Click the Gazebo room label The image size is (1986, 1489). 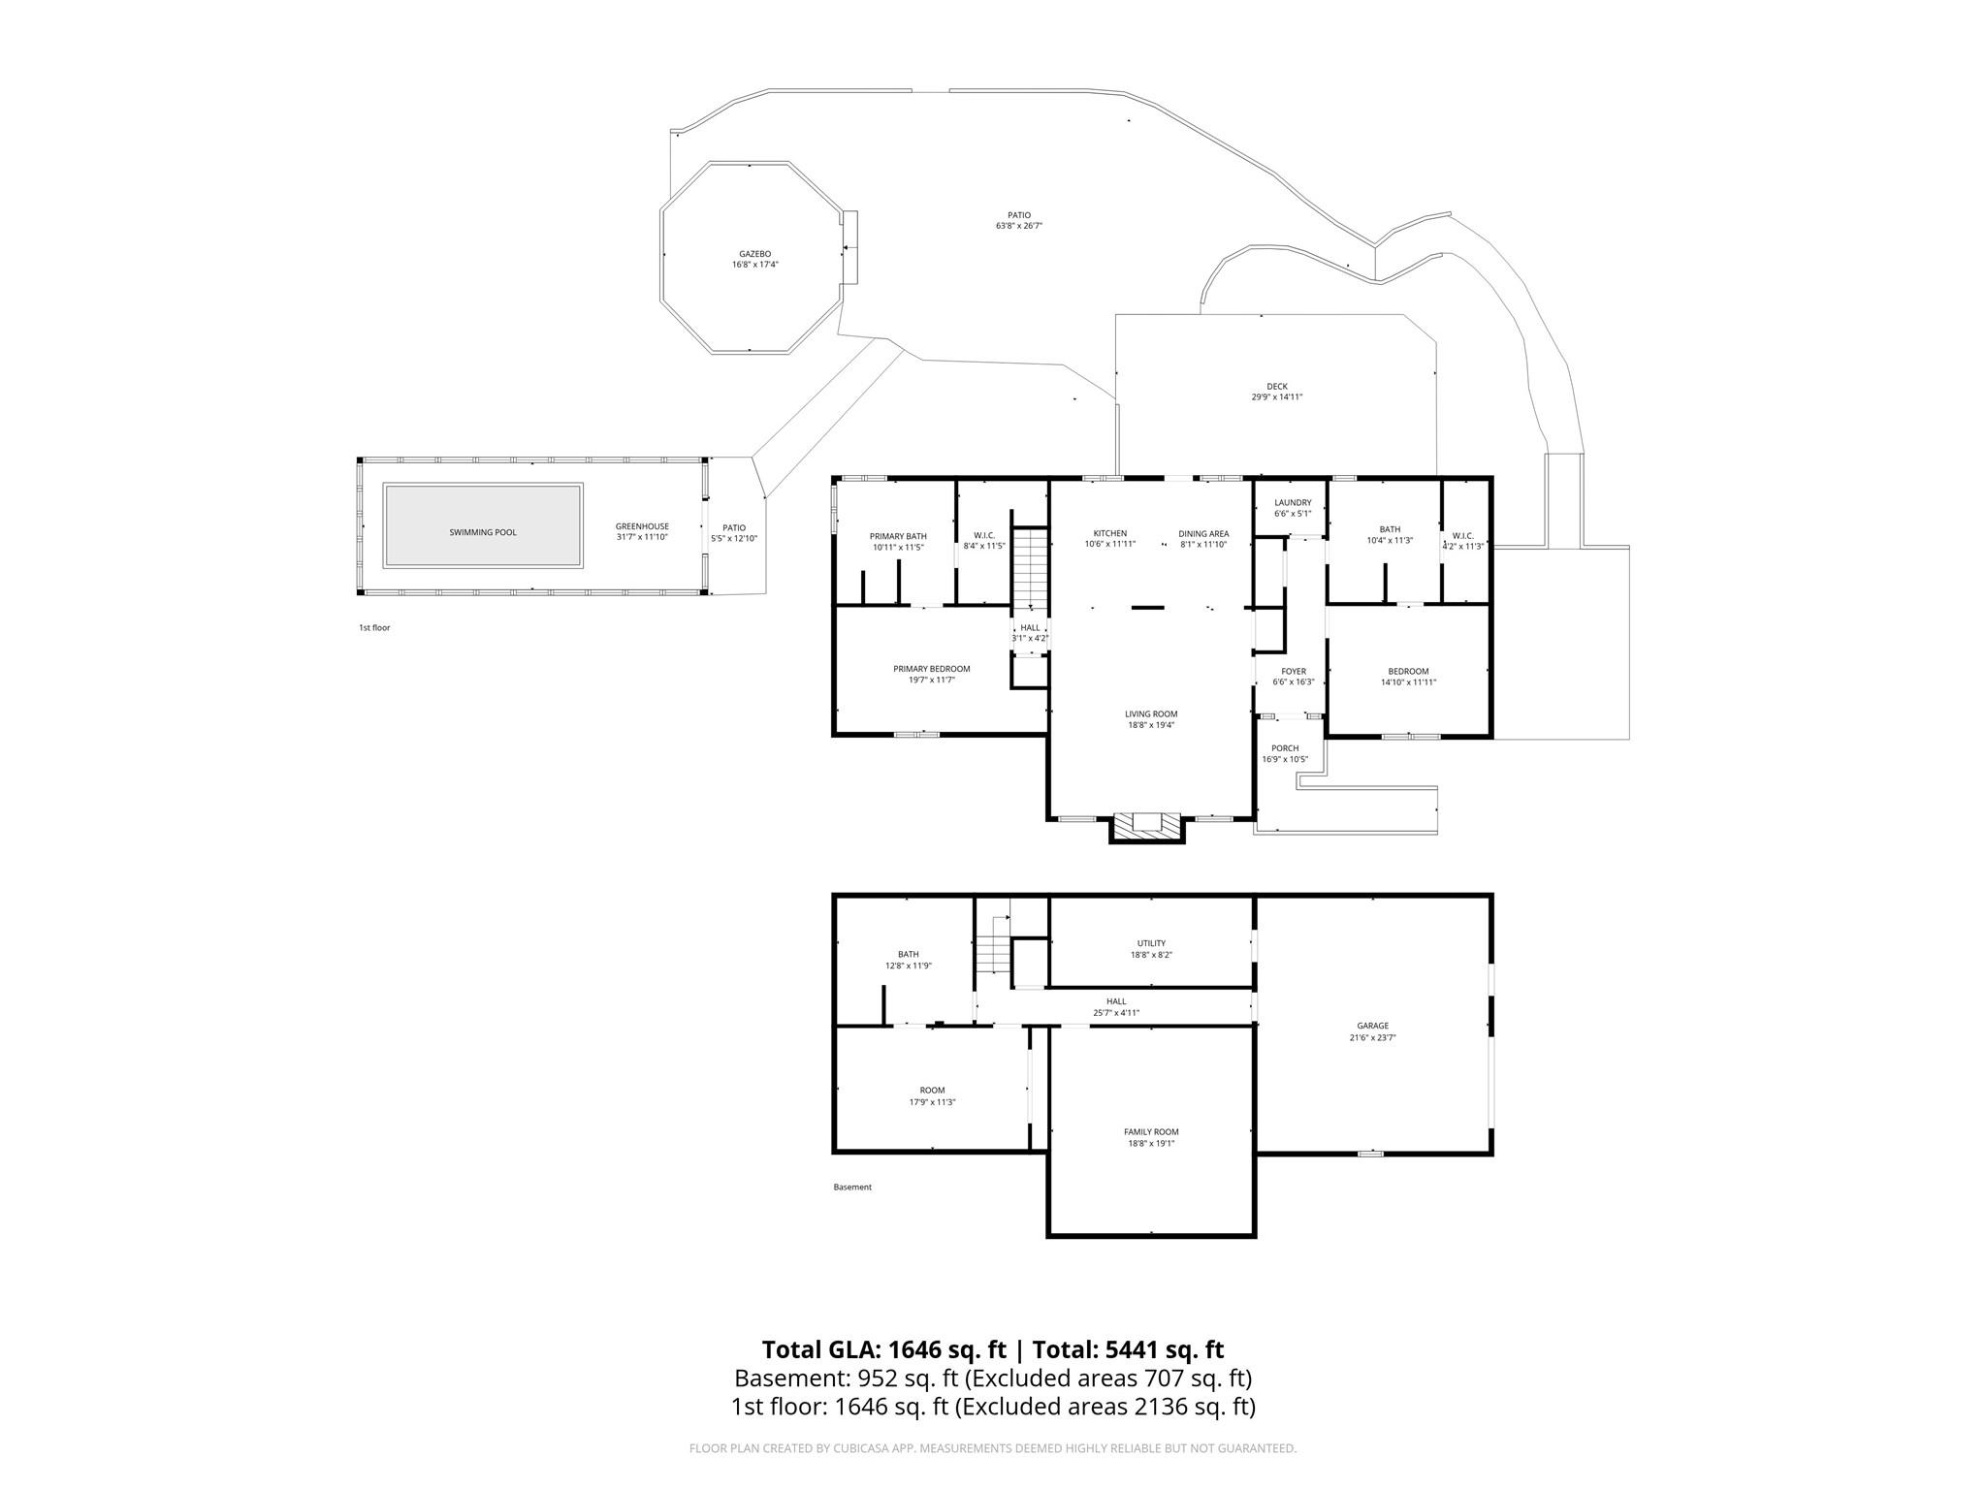tap(754, 254)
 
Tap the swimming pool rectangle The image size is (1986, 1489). tap(483, 524)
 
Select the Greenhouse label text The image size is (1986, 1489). tap(642, 526)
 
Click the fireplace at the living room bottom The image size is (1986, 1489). tap(1147, 825)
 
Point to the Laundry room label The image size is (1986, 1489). tap(1293, 502)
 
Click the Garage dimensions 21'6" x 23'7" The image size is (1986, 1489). tap(1372, 1037)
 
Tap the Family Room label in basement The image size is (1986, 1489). tap(1151, 1131)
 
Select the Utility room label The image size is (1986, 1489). tap(1151, 943)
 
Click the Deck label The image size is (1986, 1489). tap(1276, 386)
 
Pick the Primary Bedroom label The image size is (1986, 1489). tap(931, 669)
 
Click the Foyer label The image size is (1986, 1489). tap(1294, 671)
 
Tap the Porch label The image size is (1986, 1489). tap(1285, 747)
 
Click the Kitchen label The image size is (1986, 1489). tap(1110, 533)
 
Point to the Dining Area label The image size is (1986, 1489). tap(1203, 533)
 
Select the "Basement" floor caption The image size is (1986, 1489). tap(852, 1187)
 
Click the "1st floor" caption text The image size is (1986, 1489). tap(374, 627)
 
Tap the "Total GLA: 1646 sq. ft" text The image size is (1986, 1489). tap(883, 1349)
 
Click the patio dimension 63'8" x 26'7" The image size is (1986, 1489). tap(1018, 226)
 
